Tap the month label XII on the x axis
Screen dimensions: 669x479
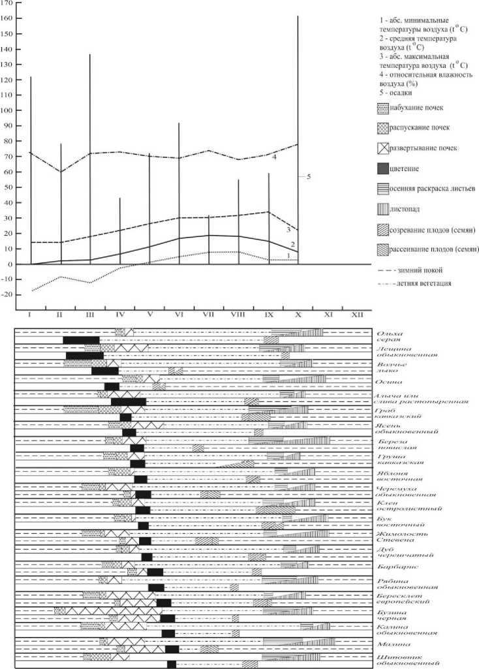click(357, 315)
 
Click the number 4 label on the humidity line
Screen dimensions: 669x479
click(274, 157)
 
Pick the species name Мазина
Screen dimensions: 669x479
click(390, 644)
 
